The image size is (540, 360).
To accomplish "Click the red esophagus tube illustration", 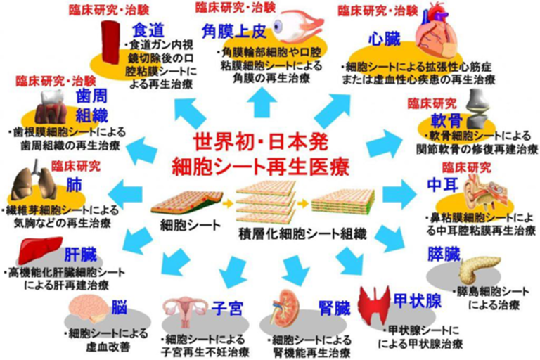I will pos(110,41).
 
